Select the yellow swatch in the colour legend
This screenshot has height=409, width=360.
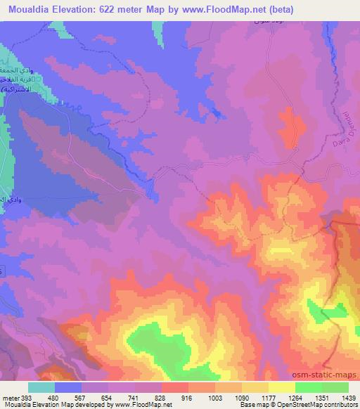click(x=282, y=387)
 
